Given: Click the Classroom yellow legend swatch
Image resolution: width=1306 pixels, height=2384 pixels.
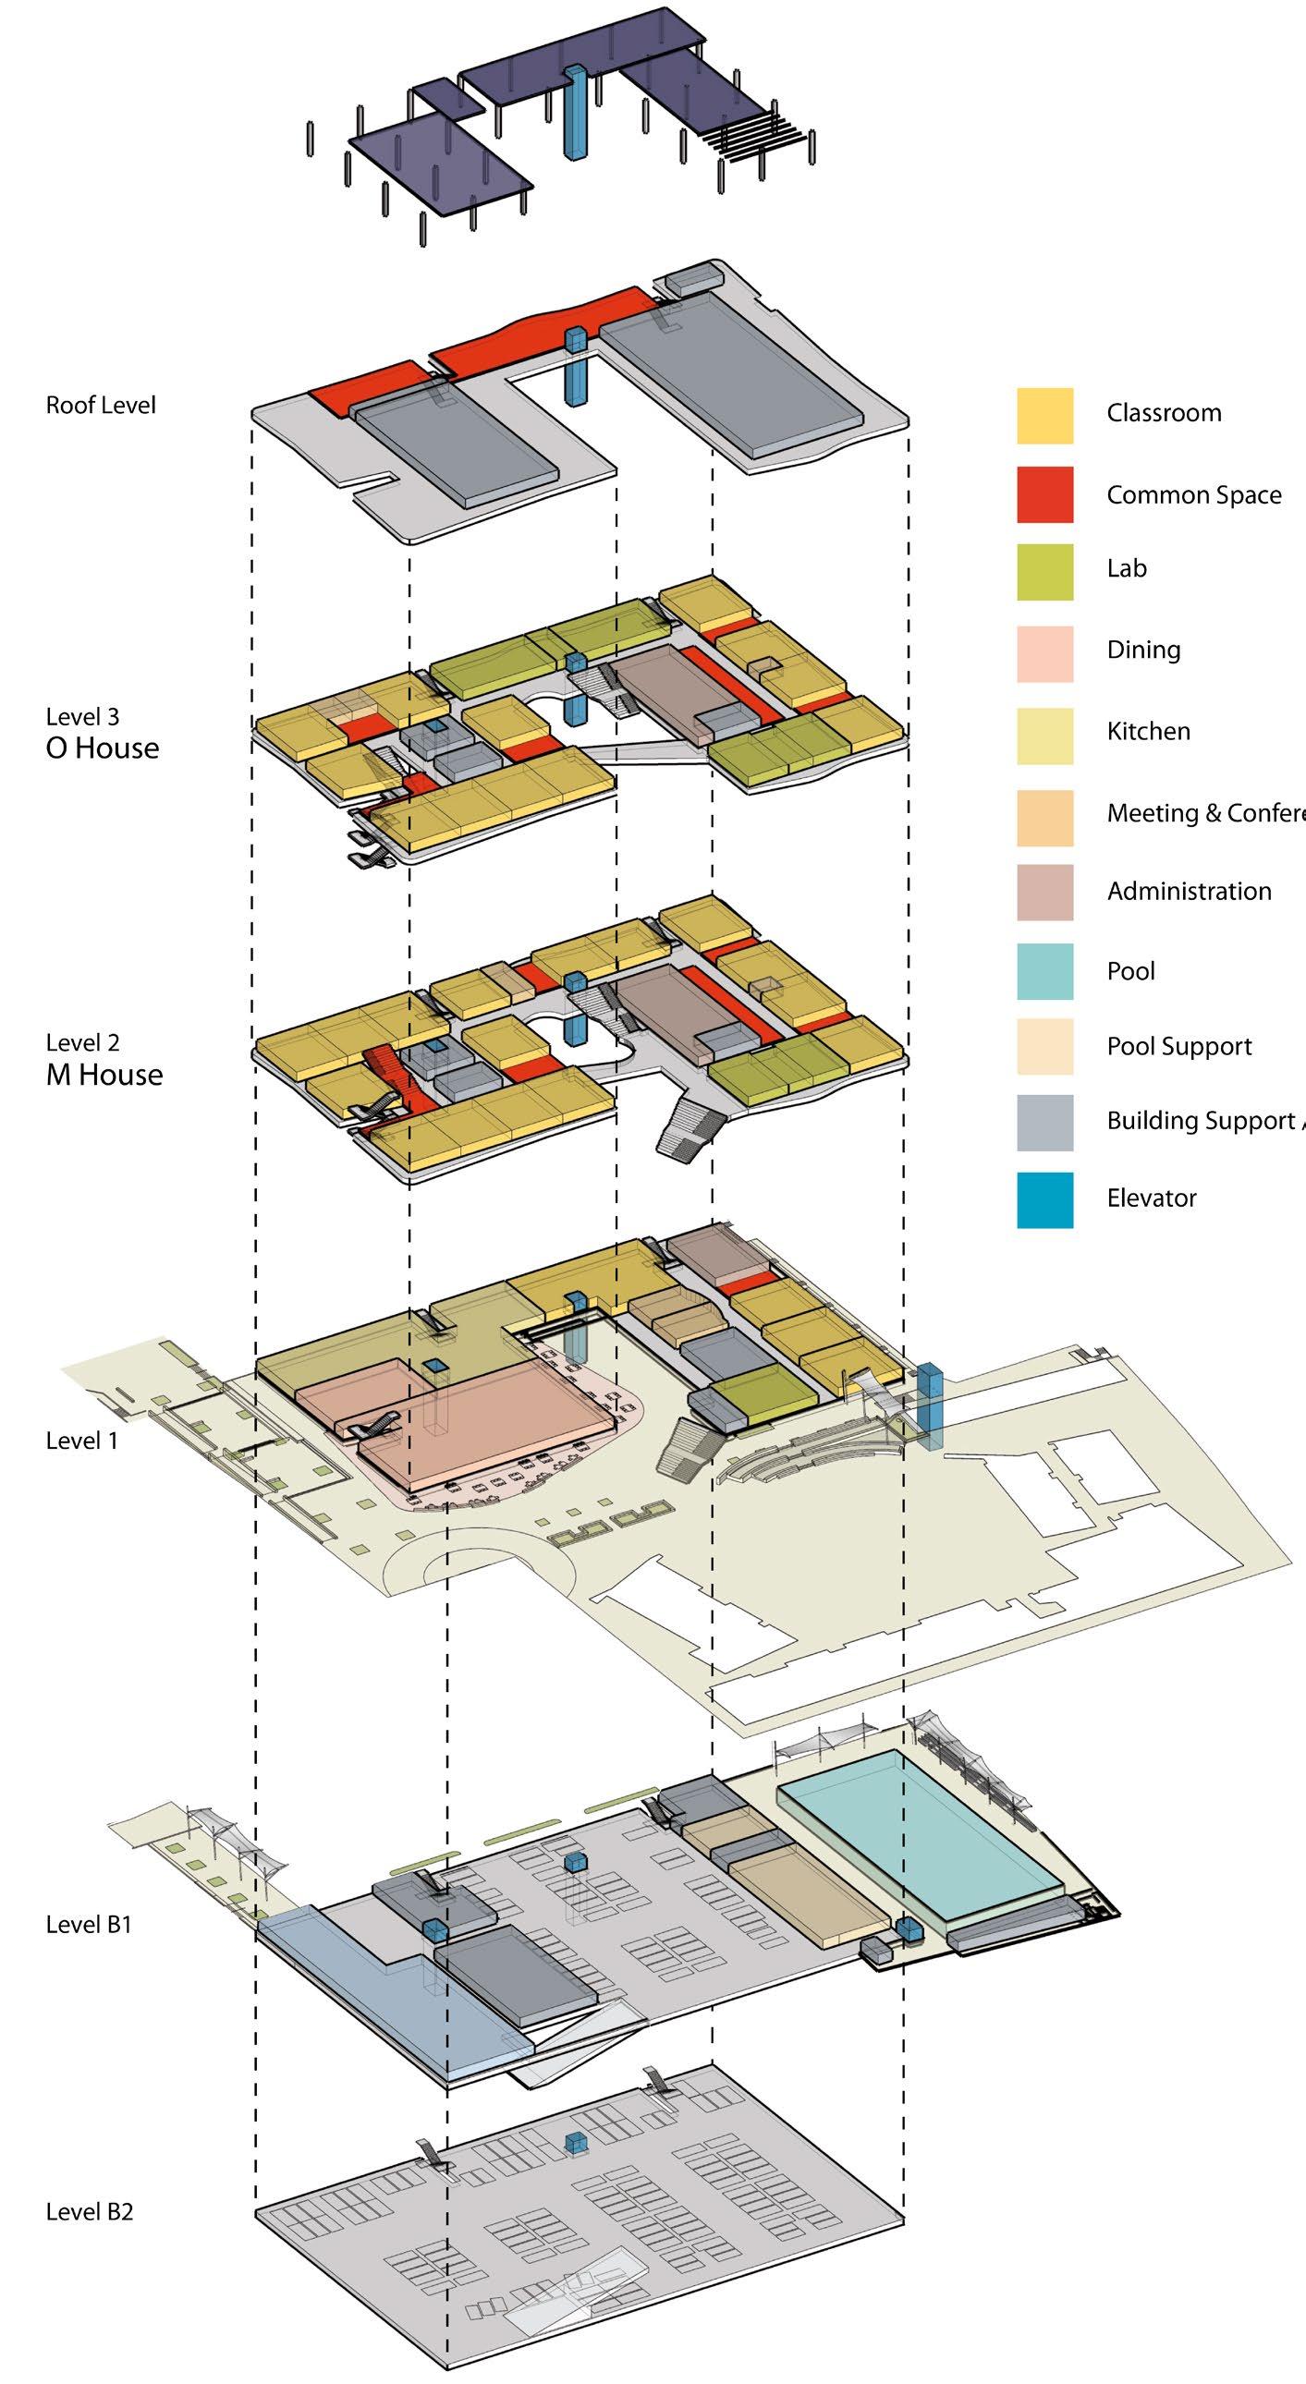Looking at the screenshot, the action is point(1045,416).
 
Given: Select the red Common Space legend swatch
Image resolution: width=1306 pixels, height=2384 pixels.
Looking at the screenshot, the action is point(1045,494).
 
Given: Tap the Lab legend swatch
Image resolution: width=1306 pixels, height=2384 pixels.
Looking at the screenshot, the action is point(1045,572).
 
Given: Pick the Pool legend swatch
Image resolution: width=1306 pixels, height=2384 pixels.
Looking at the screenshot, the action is point(1045,971).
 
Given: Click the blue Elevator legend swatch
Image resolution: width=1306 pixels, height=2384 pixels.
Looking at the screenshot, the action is point(1045,1199).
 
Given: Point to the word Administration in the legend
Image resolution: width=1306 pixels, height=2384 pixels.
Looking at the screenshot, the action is point(1189,891).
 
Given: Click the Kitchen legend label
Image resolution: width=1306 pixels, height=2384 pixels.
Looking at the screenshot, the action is point(1148,731).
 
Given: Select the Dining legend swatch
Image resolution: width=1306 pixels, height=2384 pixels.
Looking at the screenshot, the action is point(1045,653).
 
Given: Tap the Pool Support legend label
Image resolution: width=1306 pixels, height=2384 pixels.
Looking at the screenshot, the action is point(1178,1047).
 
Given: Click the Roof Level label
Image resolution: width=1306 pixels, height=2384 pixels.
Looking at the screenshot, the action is point(101,406).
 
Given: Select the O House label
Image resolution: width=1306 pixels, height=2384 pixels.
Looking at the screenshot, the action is point(102,748).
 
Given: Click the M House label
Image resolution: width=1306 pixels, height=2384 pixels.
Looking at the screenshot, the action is point(104,1075).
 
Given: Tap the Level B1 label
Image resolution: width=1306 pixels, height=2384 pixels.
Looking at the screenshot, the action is point(88,1925).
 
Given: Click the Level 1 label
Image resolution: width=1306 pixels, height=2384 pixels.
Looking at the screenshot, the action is point(81,1440).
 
